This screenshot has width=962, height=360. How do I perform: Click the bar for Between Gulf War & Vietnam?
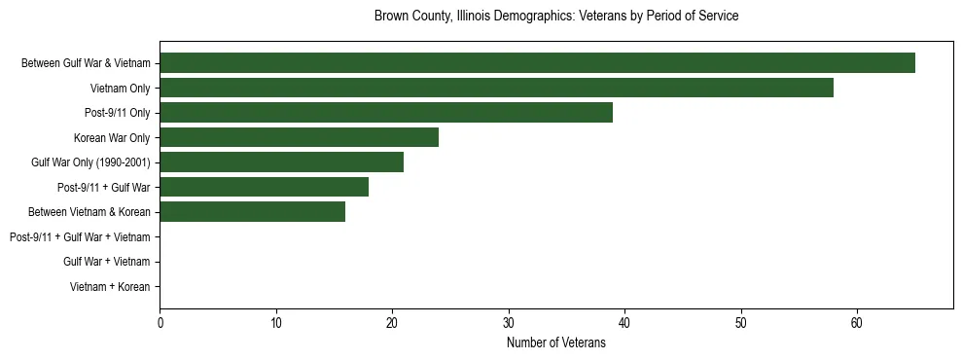[x=537, y=63]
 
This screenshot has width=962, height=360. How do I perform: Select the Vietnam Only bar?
[x=496, y=88]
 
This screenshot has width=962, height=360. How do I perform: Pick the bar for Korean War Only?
[x=299, y=137]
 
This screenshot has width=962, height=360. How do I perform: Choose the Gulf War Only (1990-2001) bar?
[x=281, y=162]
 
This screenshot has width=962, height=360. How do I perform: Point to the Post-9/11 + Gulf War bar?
[x=264, y=187]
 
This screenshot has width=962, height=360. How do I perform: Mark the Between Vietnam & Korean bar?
[x=252, y=212]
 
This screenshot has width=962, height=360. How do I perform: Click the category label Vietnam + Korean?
[x=110, y=287]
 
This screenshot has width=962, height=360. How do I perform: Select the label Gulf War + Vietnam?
[x=107, y=262]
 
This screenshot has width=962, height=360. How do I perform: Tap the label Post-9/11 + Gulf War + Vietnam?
[x=80, y=236]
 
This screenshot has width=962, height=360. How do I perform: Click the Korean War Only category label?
[x=112, y=137]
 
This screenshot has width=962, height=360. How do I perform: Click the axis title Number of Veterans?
[x=556, y=342]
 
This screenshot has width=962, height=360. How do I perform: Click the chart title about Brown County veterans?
[x=556, y=17]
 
